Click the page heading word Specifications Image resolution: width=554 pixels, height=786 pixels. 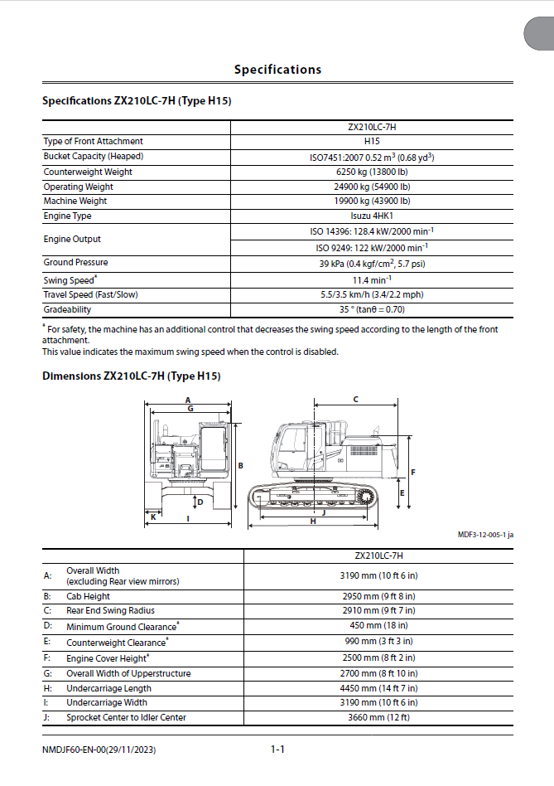[277, 70]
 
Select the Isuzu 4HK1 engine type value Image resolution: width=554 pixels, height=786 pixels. [372, 216]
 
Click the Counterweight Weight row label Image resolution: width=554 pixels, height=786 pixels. [88, 172]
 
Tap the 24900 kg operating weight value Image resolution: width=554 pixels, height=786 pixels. [372, 187]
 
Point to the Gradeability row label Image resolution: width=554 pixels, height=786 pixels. [67, 309]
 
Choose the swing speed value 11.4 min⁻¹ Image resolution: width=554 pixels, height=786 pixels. [372, 280]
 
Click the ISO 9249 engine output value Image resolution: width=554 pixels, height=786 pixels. [372, 247]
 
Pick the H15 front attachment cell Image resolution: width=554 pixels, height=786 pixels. [372, 142]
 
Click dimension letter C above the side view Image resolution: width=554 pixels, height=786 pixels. [355, 399]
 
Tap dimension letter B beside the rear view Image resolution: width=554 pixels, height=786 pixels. [240, 466]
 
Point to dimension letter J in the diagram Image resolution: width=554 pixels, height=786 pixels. [323, 512]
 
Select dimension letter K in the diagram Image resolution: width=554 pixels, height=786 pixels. [153, 517]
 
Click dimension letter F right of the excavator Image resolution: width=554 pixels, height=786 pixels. [412, 472]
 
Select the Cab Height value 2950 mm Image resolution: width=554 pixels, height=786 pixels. [378, 596]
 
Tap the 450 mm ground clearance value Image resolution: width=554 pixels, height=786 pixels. [378, 625]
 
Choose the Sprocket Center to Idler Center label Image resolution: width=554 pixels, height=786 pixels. [126, 717]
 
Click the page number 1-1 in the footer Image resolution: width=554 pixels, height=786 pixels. [277, 750]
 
